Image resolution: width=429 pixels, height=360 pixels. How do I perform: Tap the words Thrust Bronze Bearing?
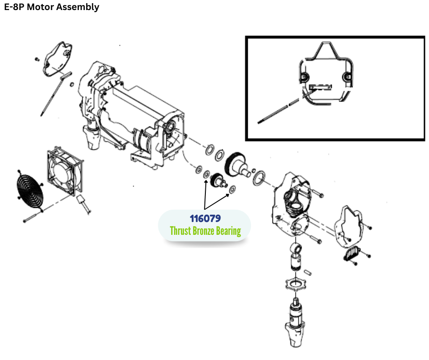click(205, 231)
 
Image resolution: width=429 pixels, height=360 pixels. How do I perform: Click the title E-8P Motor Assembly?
click(52, 7)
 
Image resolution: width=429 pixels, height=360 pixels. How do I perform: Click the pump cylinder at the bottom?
click(296, 320)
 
